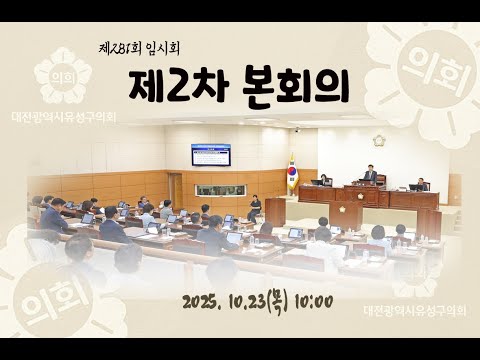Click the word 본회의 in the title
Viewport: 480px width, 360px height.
pos(296,88)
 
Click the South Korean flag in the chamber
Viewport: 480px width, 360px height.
pos(292,172)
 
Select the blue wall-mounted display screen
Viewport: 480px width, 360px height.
pos(211,154)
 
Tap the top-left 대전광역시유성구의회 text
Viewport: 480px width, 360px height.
pos(64,117)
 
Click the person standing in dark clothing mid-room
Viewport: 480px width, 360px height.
pos(255,207)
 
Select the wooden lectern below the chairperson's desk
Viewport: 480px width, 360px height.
pos(346,212)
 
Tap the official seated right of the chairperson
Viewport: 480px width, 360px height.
pos(420,184)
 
